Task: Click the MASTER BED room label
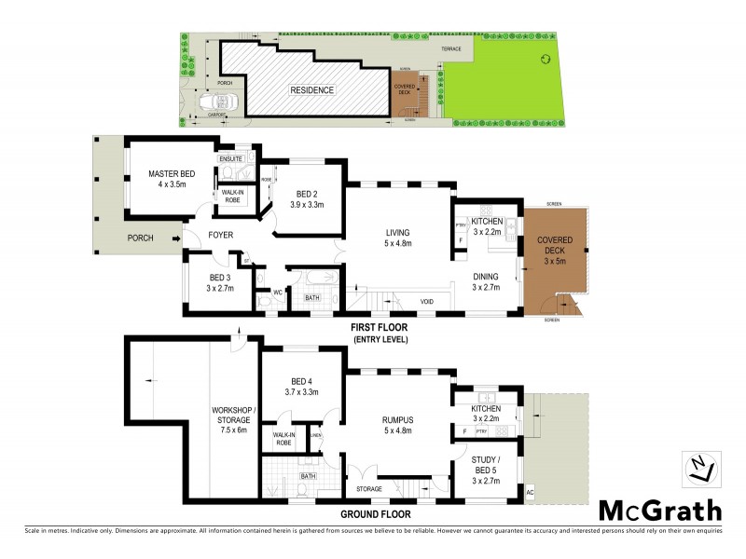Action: (173, 174)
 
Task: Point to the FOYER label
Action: (220, 235)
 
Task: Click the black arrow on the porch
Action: (174, 239)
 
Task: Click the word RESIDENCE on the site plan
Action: (311, 90)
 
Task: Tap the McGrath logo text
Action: (659, 511)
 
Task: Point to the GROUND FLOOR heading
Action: (376, 513)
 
